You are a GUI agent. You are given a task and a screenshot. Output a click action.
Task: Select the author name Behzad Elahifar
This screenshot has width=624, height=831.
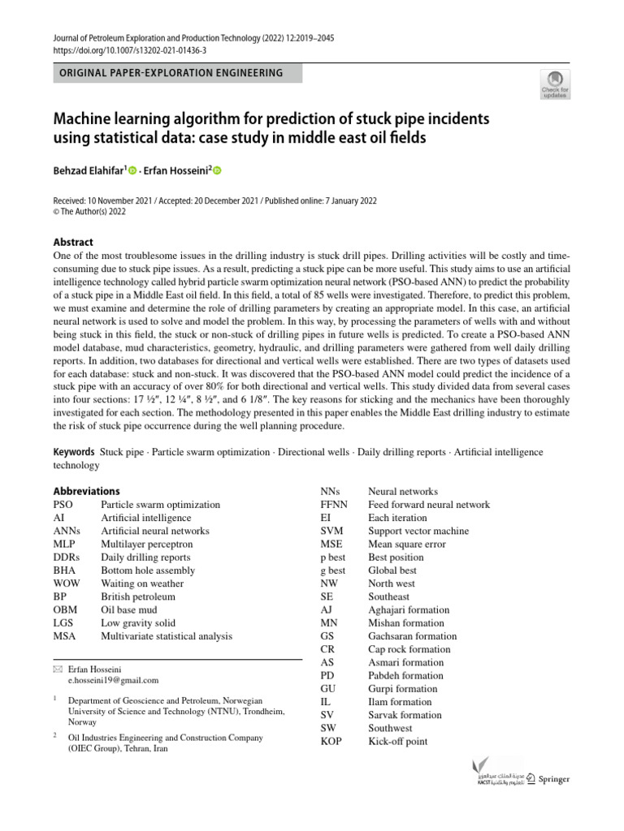[x=89, y=170]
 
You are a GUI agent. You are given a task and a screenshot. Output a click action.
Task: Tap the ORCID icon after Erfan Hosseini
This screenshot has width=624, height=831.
[x=217, y=170]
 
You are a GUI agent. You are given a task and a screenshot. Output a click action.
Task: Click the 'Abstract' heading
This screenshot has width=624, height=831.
[x=73, y=242]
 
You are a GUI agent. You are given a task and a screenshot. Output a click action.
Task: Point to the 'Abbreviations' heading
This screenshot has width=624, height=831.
[x=86, y=491]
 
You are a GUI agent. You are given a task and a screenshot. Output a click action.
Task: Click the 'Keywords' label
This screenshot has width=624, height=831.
[x=74, y=451]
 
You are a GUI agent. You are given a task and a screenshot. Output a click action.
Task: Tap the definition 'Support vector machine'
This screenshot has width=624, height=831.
[x=418, y=531]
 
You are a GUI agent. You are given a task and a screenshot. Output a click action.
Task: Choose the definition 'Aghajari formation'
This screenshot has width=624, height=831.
[x=409, y=609]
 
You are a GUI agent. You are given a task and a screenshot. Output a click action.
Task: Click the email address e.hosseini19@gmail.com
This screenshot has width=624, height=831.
[x=113, y=680]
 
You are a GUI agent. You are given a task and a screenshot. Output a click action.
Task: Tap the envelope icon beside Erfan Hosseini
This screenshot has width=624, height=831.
[x=57, y=668]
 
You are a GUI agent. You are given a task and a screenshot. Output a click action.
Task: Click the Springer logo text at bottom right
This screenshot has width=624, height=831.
[x=555, y=779]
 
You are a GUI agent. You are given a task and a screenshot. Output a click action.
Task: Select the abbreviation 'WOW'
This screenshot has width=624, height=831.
[x=67, y=583]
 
